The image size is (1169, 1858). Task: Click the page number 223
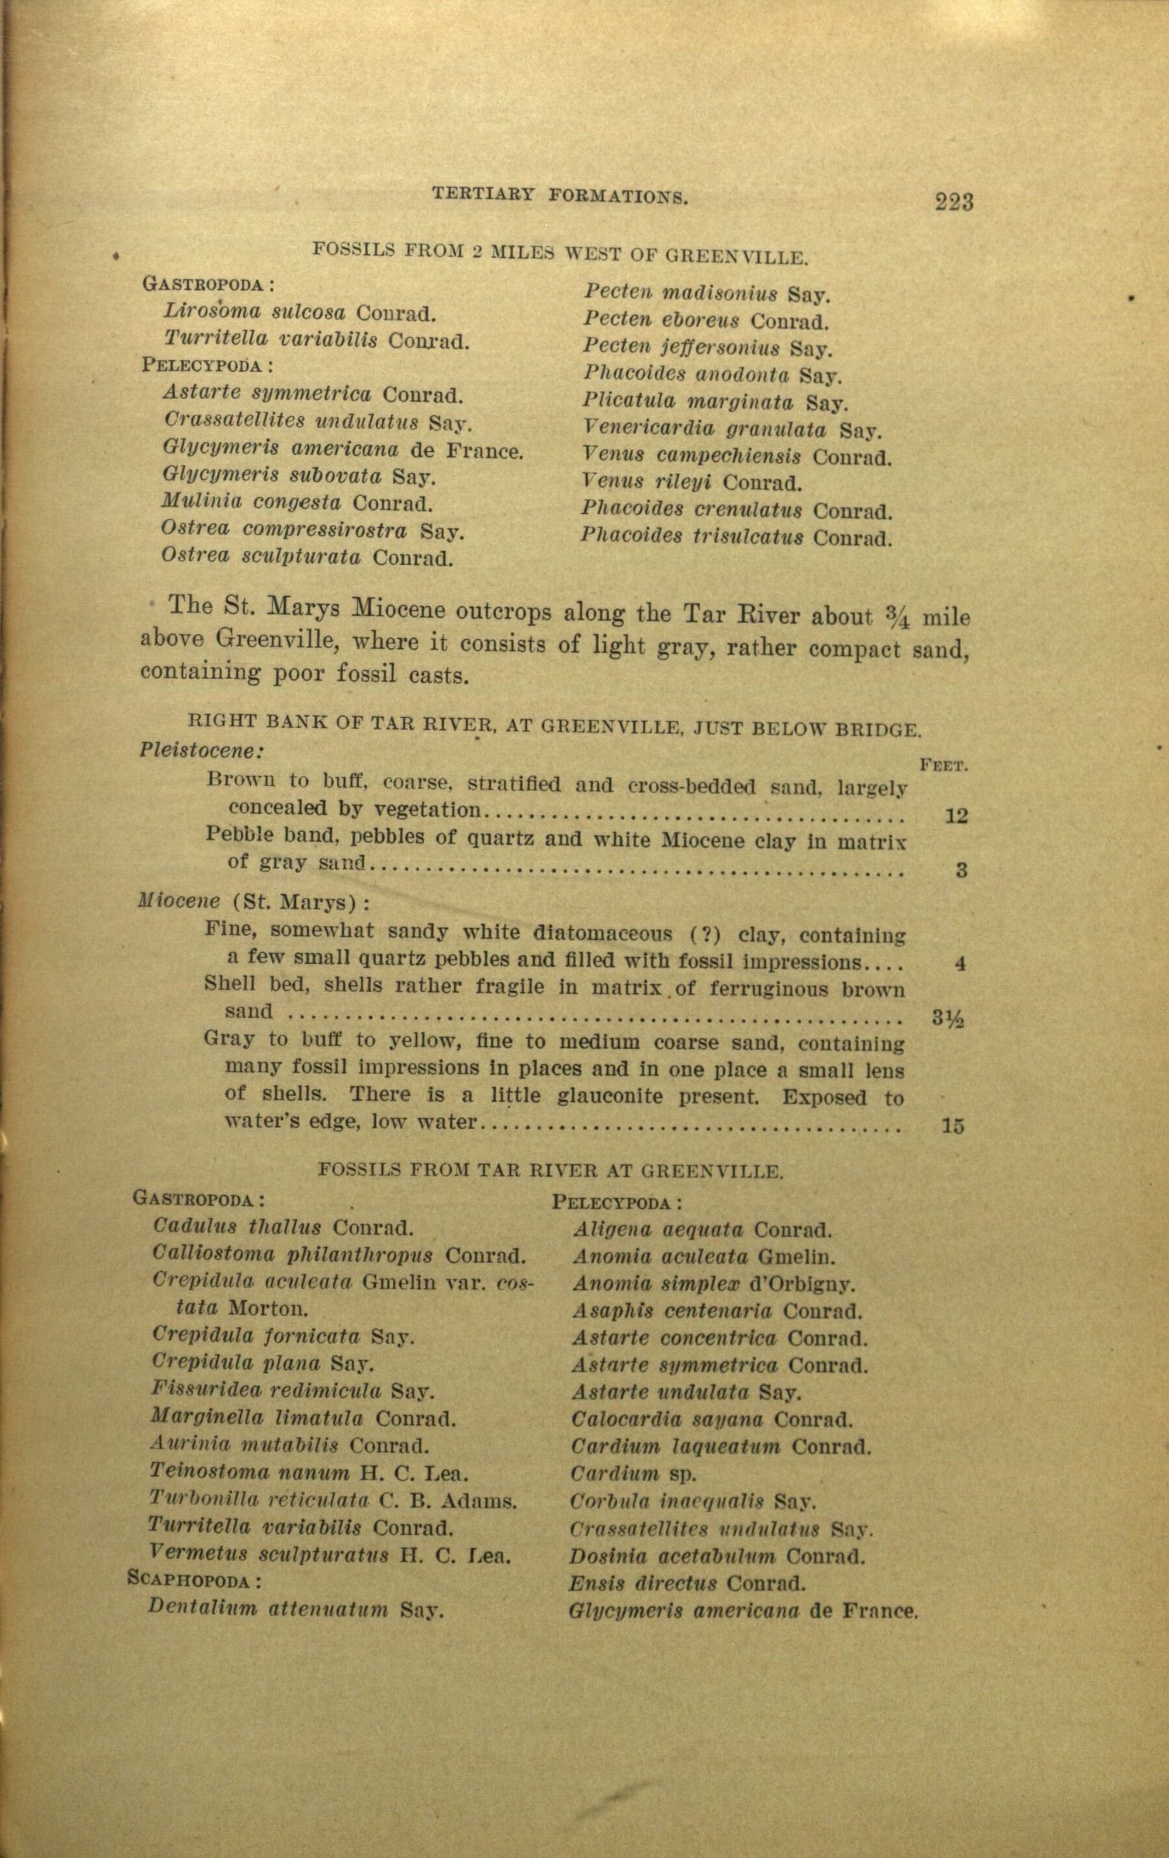coord(954,202)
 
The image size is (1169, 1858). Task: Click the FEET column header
coord(945,766)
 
